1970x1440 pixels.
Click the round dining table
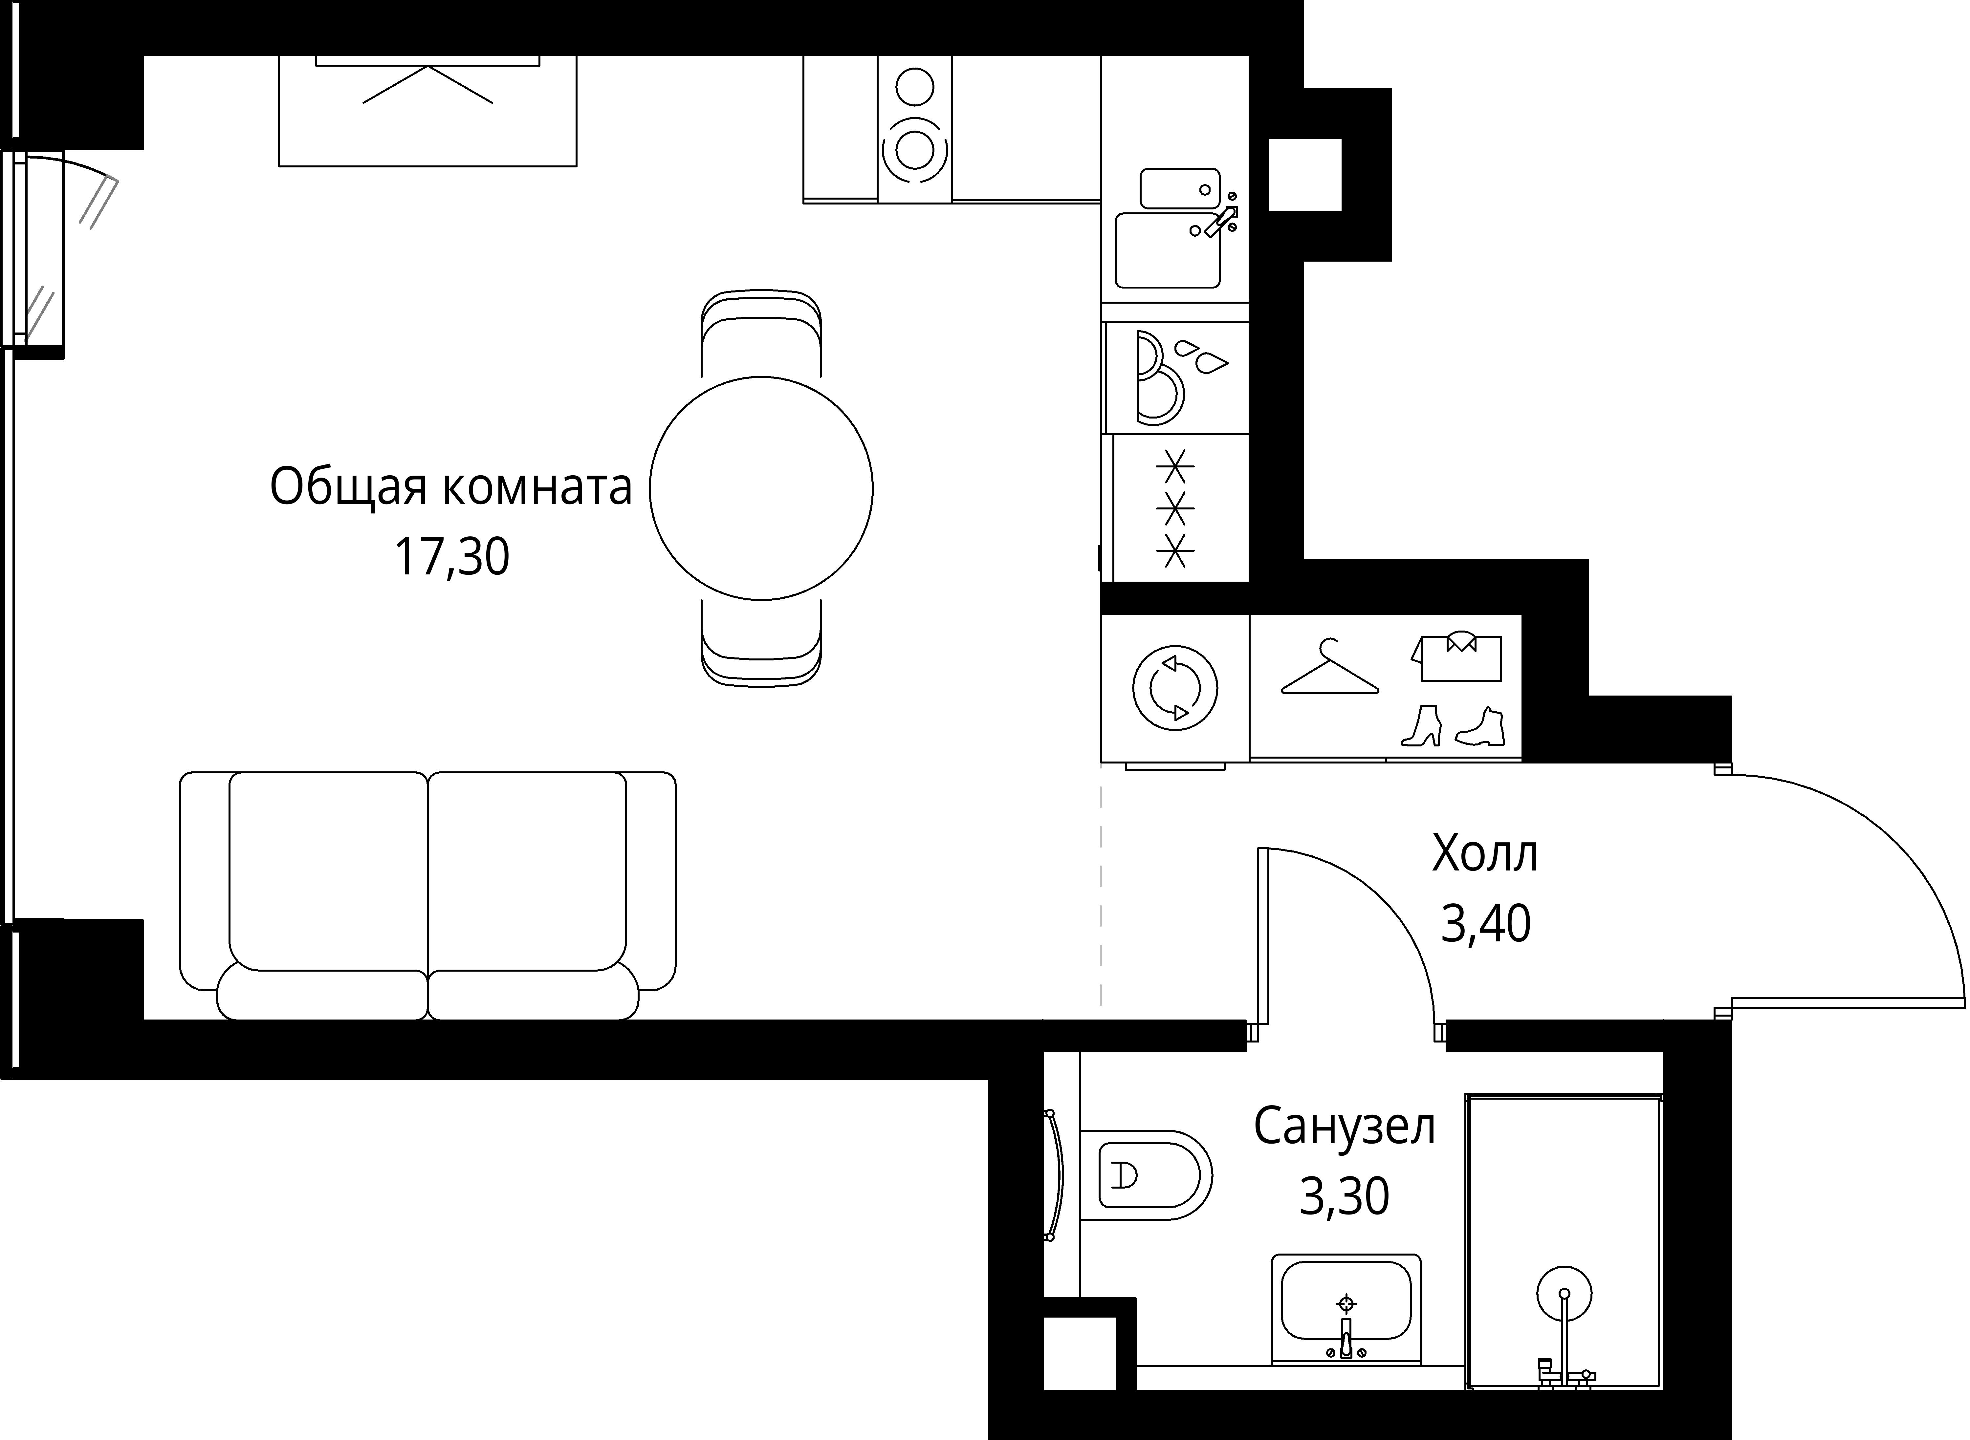(x=761, y=488)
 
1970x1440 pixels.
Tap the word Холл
(x=1484, y=854)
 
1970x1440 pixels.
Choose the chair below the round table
(x=761, y=642)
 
